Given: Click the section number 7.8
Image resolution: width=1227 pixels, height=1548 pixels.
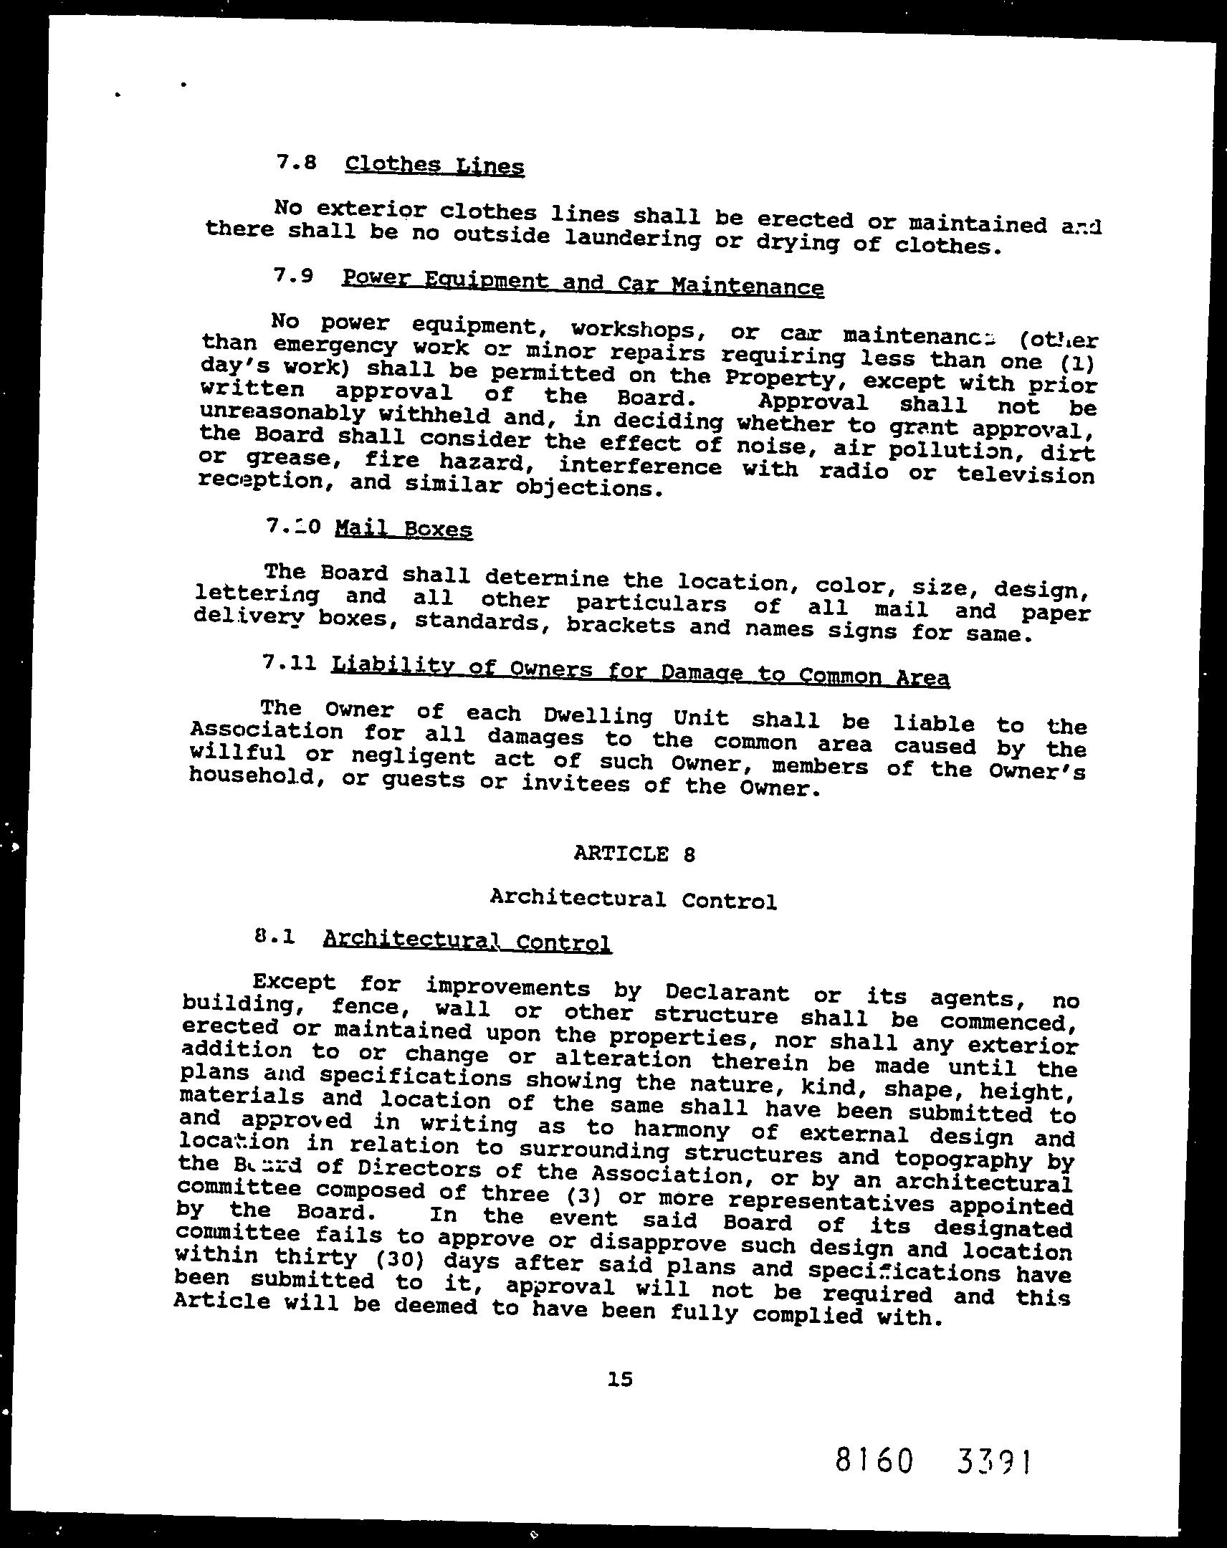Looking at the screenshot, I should click(x=296, y=162).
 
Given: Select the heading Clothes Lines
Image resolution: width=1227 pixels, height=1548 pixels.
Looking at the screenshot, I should click(x=434, y=166).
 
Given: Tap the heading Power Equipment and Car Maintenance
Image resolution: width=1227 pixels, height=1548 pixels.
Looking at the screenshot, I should click(x=582, y=282).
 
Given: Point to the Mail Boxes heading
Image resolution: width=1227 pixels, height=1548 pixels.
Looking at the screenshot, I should click(x=404, y=530).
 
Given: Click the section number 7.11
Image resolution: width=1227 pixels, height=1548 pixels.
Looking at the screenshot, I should click(x=290, y=664).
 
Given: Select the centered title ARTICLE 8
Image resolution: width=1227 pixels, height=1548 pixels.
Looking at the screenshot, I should click(x=635, y=854).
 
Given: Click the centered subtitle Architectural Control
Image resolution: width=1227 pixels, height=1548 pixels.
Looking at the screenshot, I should click(x=634, y=898).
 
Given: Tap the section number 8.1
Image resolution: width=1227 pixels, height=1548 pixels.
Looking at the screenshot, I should click(x=275, y=936).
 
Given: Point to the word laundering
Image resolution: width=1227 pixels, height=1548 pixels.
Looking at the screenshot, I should click(x=633, y=239).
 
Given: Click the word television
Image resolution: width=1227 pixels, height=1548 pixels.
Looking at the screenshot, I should click(x=1026, y=474).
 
